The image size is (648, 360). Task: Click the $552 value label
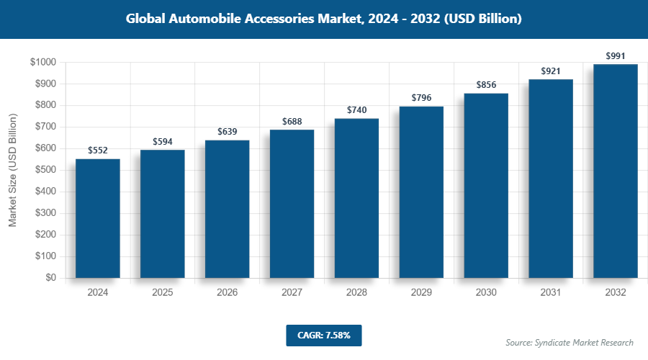pos(98,150)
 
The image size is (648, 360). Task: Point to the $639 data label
pos(228,132)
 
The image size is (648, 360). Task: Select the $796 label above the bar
pos(421,98)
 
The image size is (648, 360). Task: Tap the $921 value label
pos(551,71)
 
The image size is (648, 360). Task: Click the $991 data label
pos(616,56)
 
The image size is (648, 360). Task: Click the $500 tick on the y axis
pos(46,170)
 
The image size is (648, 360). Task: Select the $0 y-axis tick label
pos(50,278)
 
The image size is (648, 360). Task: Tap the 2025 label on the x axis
pos(163,293)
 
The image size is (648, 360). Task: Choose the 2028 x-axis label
pos(356,293)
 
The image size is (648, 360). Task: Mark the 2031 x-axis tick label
pos(551,293)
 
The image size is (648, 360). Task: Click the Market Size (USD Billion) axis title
pos(12,170)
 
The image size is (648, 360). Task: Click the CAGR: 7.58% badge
pos(323,336)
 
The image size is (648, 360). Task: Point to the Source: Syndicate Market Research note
pos(569,343)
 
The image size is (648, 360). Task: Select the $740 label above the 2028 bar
pos(356,110)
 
